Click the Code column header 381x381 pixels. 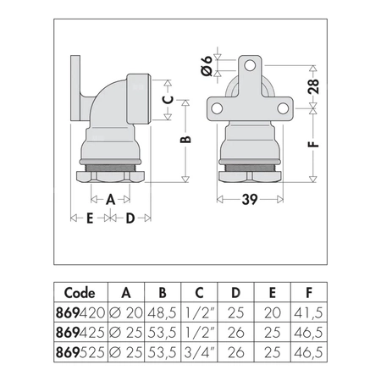(80, 292)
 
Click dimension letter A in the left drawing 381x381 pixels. (110, 200)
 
